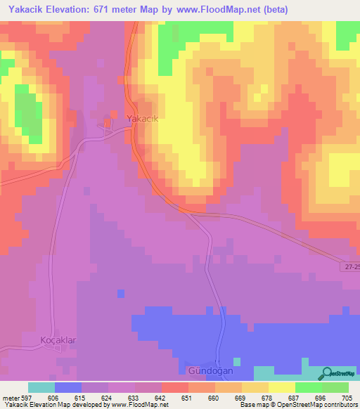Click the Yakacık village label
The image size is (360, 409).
142,118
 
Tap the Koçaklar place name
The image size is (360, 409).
58,340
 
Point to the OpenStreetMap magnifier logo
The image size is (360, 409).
326,373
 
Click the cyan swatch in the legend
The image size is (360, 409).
41,387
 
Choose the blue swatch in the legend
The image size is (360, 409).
67,387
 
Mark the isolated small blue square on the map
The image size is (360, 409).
122,292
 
